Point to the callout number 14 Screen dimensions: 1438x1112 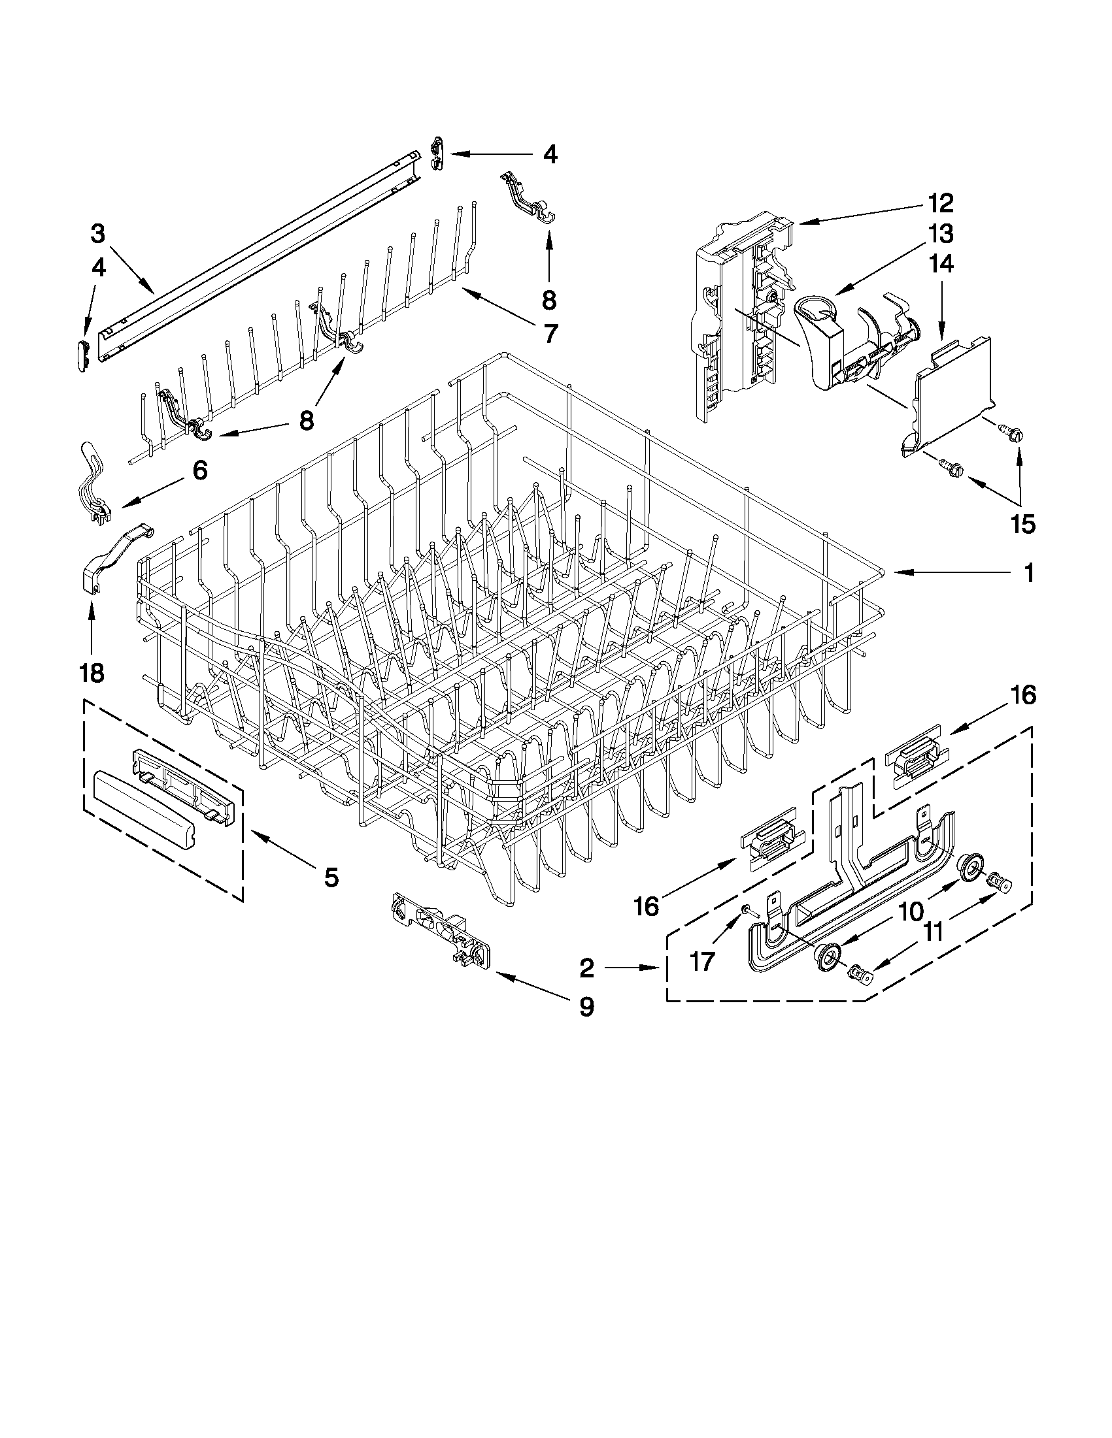940,264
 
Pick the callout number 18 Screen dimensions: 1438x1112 92,672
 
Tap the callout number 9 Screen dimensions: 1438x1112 586,1006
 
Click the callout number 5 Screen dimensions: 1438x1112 331,876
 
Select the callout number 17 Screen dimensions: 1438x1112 702,962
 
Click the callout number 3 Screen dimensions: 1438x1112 97,233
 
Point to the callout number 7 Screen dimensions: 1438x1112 548,333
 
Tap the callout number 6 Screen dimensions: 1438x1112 199,470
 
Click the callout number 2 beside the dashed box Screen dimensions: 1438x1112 586,968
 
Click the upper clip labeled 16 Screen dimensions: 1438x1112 917,755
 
